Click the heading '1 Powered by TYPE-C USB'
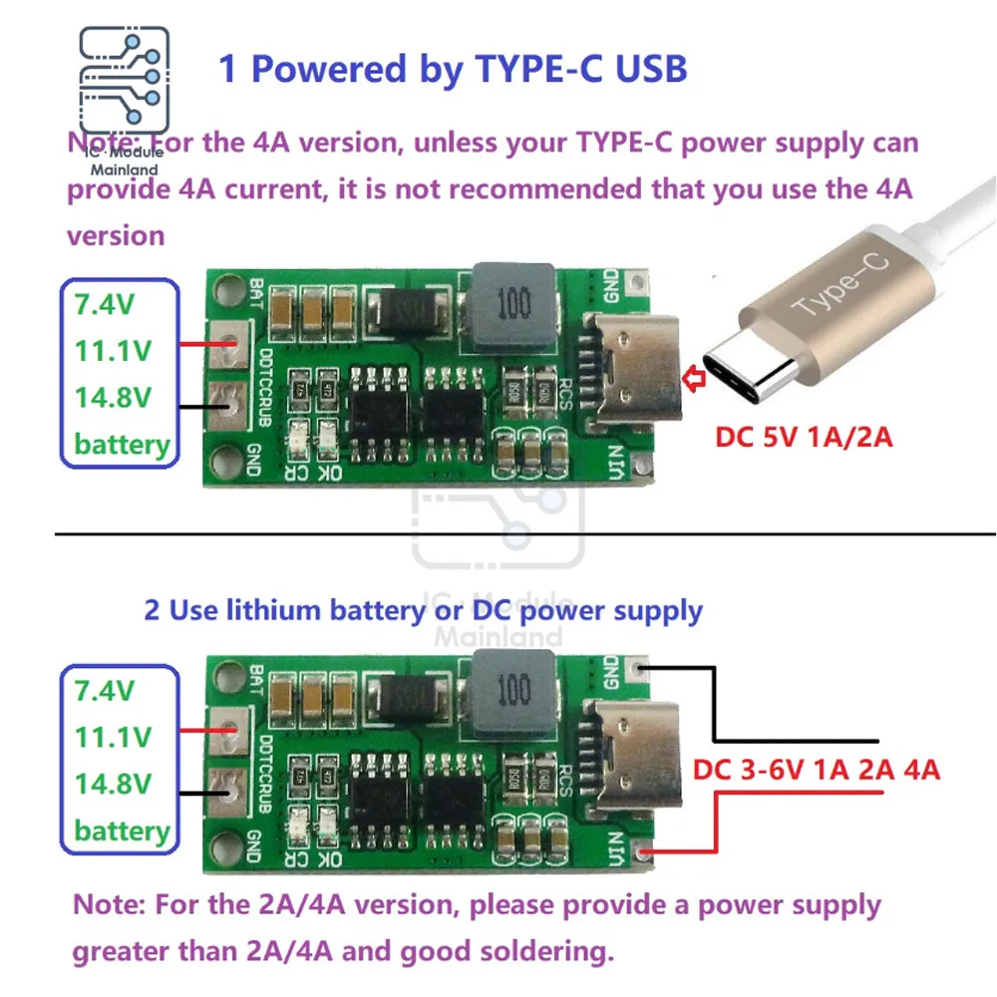click(453, 69)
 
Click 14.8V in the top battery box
click(112, 397)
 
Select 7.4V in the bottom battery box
click(105, 690)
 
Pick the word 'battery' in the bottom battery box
click(122, 831)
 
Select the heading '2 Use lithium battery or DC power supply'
click(424, 609)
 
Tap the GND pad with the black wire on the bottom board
click(644, 664)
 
